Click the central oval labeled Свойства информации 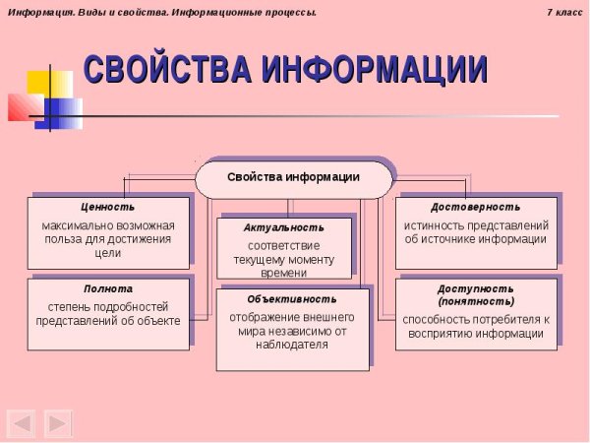293,178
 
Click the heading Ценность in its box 108,208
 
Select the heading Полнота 108,290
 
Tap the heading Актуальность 283,227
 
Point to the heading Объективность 292,298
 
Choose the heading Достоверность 476,208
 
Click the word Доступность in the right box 476,288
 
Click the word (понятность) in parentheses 476,301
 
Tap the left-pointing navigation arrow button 22,423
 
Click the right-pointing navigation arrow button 57,423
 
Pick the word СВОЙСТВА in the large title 167,71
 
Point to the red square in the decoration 21,106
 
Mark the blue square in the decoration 63,111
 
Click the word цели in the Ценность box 108,253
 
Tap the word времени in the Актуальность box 283,272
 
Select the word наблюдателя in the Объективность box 292,346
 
